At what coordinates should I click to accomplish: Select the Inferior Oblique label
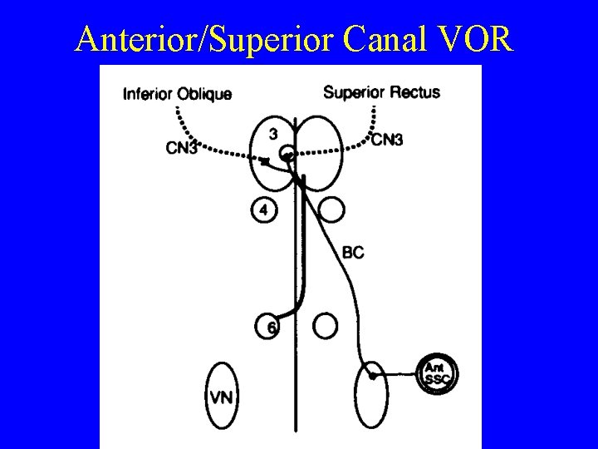[x=177, y=93]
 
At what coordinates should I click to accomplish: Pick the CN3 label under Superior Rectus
[x=387, y=140]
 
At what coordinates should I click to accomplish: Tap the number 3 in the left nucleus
[x=273, y=132]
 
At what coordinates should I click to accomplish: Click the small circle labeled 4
[x=263, y=210]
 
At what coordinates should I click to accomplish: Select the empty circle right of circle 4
[x=331, y=210]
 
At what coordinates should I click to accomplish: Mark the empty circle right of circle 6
[x=326, y=326]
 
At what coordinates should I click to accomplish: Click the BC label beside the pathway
[x=352, y=252]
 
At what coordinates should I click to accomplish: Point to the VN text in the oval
[x=221, y=397]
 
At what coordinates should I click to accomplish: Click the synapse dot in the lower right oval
[x=373, y=377]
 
